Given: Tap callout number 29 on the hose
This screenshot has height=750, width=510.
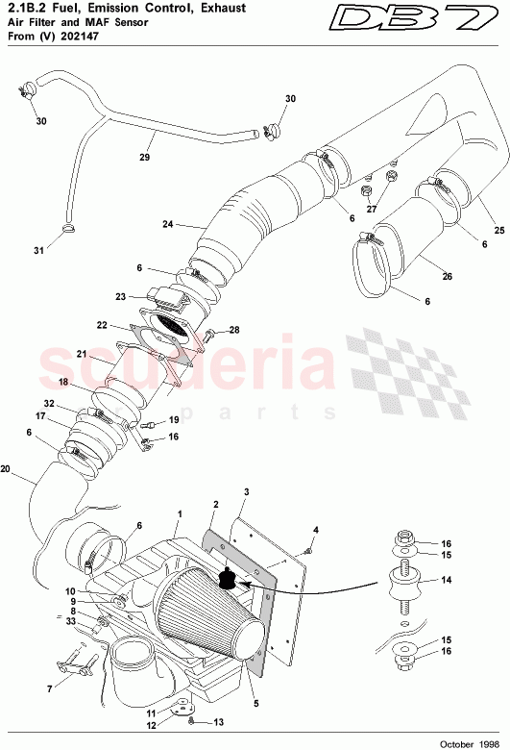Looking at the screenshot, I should click(x=146, y=158).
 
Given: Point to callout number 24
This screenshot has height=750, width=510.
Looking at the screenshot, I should click(x=168, y=225).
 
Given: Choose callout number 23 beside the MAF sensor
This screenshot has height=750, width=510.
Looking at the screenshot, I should click(x=121, y=297).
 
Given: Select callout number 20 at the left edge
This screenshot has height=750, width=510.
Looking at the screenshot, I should click(x=7, y=470).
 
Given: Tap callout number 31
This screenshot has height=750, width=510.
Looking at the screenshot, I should click(x=39, y=251).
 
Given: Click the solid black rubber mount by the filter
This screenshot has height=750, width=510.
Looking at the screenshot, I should click(x=229, y=578).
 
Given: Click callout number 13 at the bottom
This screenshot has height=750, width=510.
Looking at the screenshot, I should click(x=217, y=722).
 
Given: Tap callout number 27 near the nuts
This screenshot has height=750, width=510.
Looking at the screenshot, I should click(x=372, y=209).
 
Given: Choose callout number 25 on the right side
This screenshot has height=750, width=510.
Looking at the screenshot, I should click(x=498, y=230).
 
